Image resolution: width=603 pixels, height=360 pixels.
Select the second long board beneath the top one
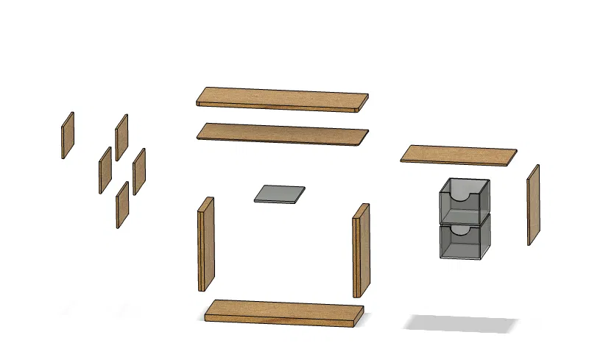click(x=282, y=133)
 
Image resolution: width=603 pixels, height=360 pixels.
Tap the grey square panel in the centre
click(x=280, y=193)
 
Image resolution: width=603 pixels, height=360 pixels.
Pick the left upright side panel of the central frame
click(x=206, y=244)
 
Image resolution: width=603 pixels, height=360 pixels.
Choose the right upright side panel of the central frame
click(x=361, y=250)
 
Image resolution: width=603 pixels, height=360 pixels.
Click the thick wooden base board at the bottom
click(x=283, y=311)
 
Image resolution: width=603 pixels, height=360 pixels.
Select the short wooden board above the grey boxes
click(x=459, y=155)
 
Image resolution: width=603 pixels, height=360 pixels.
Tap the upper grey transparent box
click(x=464, y=202)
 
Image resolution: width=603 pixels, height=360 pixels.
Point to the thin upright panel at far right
click(x=533, y=205)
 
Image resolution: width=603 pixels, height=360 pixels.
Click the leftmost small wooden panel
click(x=68, y=135)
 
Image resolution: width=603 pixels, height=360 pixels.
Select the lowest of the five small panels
click(x=122, y=205)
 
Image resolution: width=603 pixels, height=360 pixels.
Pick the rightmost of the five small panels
click(x=139, y=171)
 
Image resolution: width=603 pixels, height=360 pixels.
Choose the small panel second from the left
click(x=105, y=169)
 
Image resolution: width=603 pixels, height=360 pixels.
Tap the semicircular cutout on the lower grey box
click(x=459, y=230)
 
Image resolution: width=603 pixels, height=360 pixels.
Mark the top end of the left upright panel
click(x=207, y=203)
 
